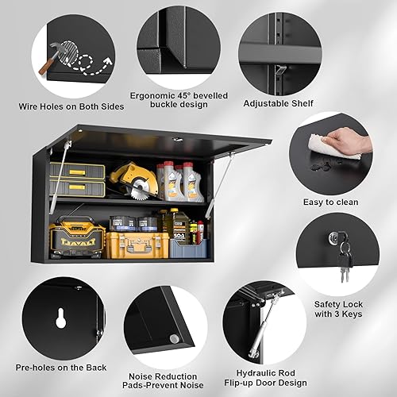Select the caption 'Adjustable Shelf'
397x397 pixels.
click(x=278, y=103)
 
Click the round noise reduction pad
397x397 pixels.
click(x=174, y=339)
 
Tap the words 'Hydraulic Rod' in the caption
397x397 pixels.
click(x=262, y=370)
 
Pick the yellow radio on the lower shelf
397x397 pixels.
click(x=77, y=238)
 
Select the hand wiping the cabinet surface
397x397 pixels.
click(x=350, y=141)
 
